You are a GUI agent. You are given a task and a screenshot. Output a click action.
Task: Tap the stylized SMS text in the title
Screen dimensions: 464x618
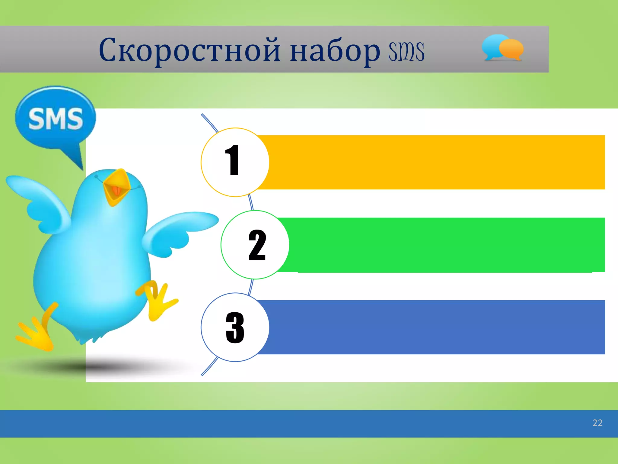[406, 52]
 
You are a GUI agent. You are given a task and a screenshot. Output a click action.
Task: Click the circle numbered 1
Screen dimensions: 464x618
[235, 162]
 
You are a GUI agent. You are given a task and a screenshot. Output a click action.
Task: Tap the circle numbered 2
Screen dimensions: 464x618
[255, 245]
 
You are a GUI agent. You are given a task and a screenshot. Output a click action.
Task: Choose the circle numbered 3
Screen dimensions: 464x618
[235, 327]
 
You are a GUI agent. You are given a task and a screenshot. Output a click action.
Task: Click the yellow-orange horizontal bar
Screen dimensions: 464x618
[435, 162]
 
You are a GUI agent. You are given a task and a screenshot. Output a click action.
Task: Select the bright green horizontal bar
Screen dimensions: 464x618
[444, 245]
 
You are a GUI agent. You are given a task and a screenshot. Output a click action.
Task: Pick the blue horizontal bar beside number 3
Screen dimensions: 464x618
[435, 327]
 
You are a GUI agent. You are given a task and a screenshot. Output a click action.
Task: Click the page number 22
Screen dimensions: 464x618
[597, 423]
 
